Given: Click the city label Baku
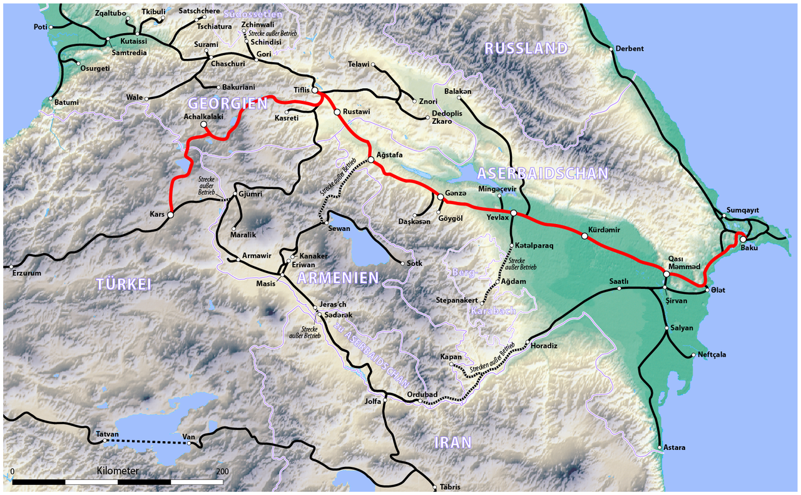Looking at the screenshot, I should tap(749, 248).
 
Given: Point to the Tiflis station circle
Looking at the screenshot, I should tap(315, 91).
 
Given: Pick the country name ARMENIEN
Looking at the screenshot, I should tap(337, 277).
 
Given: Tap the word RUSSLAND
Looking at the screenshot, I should tap(526, 48).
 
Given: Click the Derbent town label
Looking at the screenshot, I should tap(630, 49).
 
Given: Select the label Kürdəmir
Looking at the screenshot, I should tap(604, 230).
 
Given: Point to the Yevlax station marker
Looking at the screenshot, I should tap(514, 213).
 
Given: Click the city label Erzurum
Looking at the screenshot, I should tap(26, 273).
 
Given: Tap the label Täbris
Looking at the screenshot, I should tap(449, 487).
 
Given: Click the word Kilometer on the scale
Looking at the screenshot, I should tap(118, 471).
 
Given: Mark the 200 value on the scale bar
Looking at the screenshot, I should tap(222, 471).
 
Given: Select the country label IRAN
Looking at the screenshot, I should tap(452, 443).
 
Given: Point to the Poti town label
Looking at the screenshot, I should tap(41, 28).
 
